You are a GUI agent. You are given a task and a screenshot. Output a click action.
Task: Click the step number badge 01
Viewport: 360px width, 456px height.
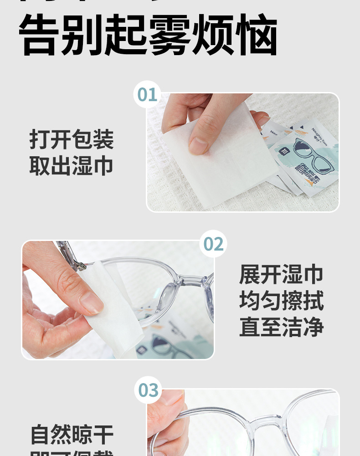(147, 94)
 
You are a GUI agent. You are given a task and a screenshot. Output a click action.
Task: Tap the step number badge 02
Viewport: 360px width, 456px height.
(213, 244)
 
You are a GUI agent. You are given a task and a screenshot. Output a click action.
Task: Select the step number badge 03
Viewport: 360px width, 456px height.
(148, 390)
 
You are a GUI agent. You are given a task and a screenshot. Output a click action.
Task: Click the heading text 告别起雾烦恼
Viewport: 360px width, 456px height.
(148, 36)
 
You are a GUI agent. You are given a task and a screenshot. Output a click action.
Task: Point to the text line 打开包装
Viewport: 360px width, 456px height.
(72, 139)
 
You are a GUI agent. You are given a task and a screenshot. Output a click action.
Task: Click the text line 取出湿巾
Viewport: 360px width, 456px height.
(72, 166)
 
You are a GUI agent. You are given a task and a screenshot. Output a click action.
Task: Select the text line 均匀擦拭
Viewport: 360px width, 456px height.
(281, 301)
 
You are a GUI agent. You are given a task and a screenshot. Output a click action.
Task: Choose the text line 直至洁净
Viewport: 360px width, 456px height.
(281, 328)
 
